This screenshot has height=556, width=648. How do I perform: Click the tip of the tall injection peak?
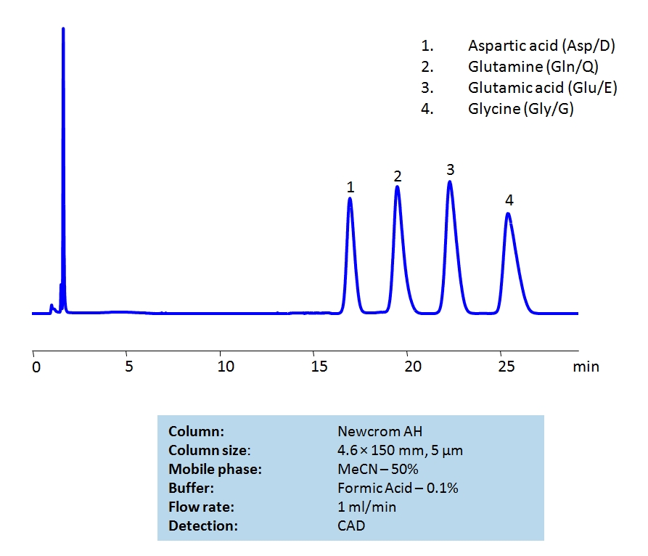tap(63, 29)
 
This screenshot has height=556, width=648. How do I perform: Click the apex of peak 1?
tap(350, 198)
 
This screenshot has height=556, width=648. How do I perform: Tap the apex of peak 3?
tap(450, 181)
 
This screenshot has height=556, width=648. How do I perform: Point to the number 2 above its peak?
tap(398, 176)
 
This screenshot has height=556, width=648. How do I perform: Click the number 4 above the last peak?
tap(509, 200)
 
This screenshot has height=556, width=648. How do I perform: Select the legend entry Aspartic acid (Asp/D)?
tap(541, 46)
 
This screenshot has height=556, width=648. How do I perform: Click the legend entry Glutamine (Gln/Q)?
tap(533, 68)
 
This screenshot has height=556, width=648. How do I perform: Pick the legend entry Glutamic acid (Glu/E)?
tap(543, 89)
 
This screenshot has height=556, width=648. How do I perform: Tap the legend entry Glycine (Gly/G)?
tap(521, 110)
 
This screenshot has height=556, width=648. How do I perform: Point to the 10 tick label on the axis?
tap(226, 367)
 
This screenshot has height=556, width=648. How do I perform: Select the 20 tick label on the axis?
tap(413, 367)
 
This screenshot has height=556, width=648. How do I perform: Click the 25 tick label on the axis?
tap(506, 367)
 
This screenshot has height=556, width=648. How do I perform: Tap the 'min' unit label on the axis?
tap(586, 367)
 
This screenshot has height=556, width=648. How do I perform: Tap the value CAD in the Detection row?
tap(351, 526)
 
